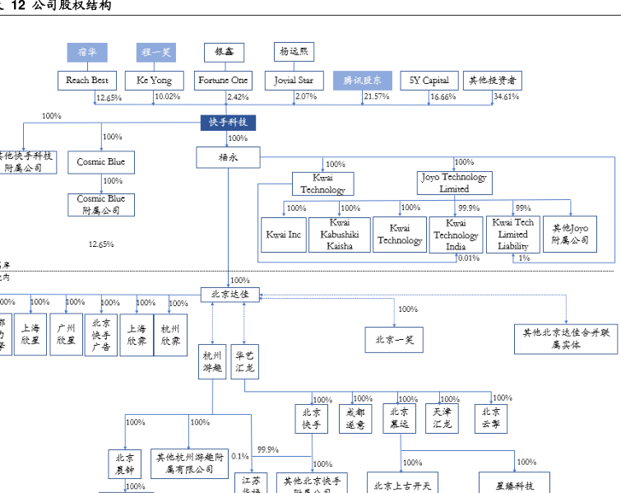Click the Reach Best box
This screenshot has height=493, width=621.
point(88,81)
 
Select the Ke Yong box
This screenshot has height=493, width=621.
point(154,81)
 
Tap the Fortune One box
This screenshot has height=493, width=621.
point(224,81)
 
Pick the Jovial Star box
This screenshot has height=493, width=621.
point(294,81)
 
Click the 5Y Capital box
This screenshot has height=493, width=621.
point(429,81)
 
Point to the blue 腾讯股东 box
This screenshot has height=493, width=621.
point(363,81)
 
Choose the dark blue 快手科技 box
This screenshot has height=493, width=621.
point(228,123)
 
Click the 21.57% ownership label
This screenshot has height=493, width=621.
point(376,97)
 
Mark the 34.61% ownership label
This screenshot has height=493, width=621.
point(506,97)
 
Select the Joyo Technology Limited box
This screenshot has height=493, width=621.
point(453,183)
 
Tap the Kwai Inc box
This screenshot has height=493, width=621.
point(284,235)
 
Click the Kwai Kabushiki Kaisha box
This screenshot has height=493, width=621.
point(340,235)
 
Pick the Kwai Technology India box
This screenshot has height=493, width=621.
point(456,235)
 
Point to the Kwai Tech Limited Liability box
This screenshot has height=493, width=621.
point(512,235)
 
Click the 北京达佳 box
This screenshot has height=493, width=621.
point(229,294)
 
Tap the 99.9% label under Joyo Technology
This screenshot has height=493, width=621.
point(469,208)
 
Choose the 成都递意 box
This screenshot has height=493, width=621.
point(355,419)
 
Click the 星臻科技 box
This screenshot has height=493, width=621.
point(514,485)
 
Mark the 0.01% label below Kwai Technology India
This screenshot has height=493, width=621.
point(468,258)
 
